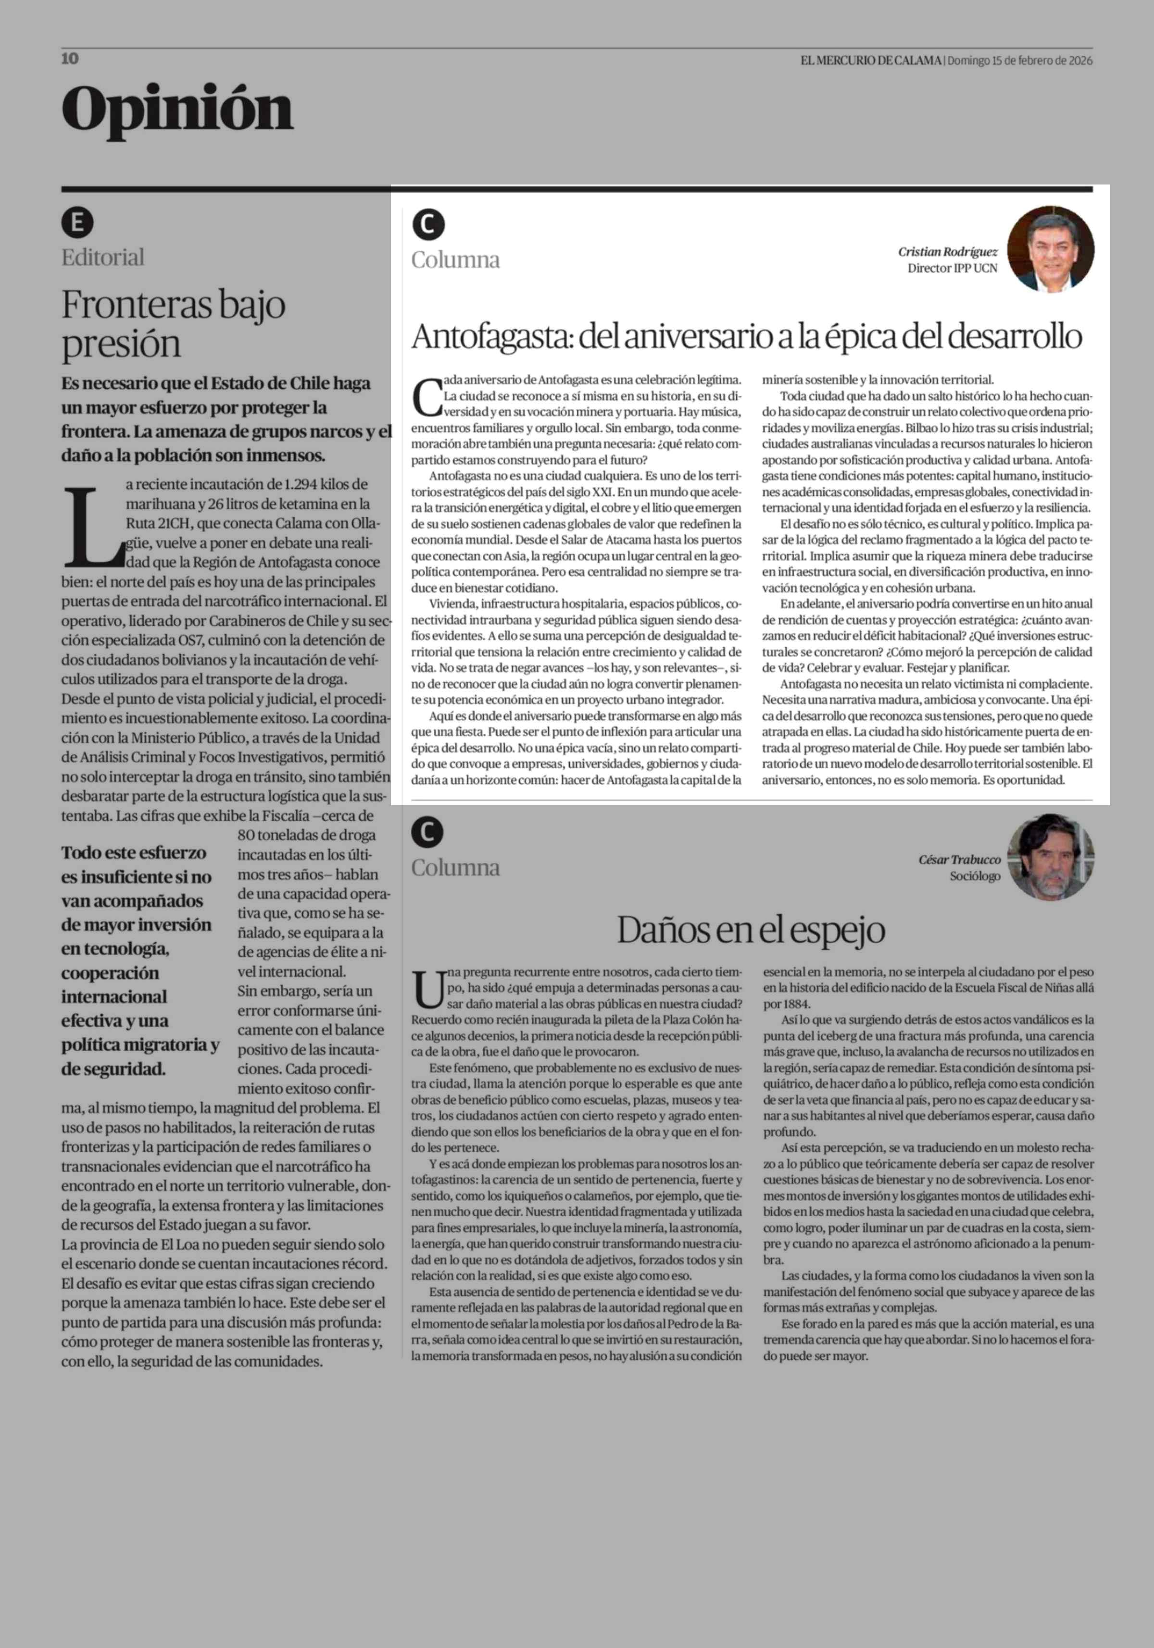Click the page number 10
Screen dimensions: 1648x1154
(70, 59)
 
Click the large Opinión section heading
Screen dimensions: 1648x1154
(177, 109)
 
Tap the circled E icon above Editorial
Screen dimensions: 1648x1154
(77, 222)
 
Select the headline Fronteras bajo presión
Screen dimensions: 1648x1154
(173, 324)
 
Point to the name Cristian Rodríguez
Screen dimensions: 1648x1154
(947, 252)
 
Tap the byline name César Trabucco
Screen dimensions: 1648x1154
(959, 859)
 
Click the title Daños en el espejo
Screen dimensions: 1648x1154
(751, 930)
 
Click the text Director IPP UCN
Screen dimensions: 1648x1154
(952, 269)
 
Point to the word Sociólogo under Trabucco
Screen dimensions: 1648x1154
(975, 876)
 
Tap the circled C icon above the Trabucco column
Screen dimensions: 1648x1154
(428, 833)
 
